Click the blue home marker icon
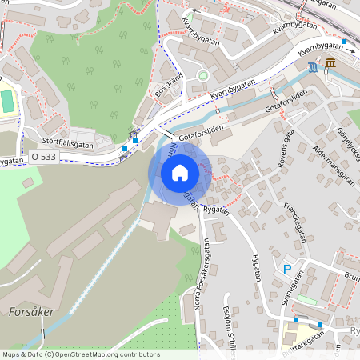pos(180,172)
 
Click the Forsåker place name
pos(32,311)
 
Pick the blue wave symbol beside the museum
pos(313,67)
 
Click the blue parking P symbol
pos(288,270)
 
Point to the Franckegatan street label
pos(290,217)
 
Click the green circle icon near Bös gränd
pos(202,75)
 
